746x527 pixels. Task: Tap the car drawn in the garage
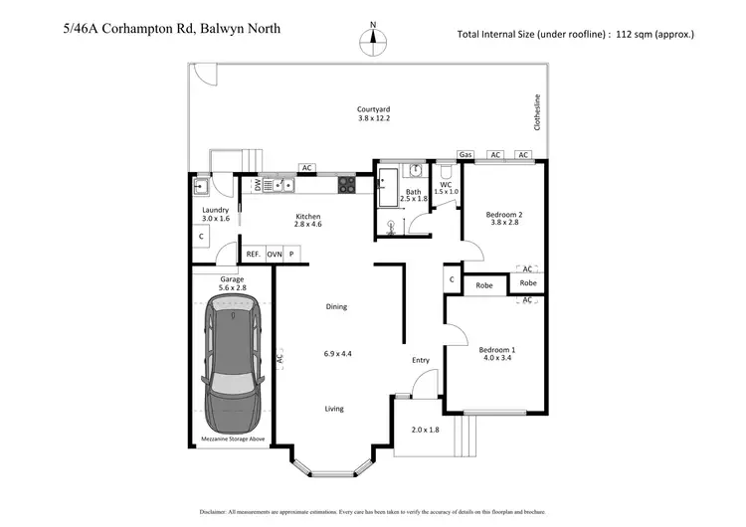[232, 367]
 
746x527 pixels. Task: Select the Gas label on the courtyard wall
[466, 155]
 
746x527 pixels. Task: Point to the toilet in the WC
[446, 172]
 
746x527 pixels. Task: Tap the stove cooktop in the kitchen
[346, 184]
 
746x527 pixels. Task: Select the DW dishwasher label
[258, 185]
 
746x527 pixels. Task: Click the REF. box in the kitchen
[254, 255]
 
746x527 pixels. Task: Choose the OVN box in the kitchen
[275, 255]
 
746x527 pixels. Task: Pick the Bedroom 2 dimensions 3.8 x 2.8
[504, 223]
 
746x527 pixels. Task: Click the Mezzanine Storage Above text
[232, 438]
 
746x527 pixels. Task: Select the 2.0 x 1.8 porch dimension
[425, 430]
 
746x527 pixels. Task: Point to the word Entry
[421, 360]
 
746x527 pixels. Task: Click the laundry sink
[200, 185]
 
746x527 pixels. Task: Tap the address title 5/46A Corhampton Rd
[169, 29]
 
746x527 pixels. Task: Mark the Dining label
[336, 306]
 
